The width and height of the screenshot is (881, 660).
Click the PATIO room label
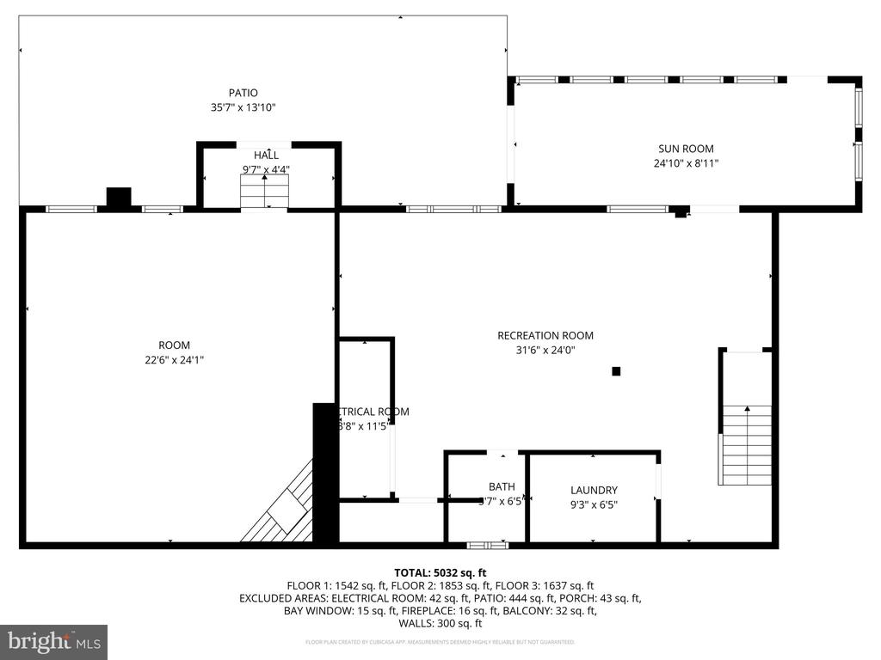pos(243,93)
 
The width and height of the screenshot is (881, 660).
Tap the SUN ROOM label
pos(686,149)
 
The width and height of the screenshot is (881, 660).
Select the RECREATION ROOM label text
pos(545,335)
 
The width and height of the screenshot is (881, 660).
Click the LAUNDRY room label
pos(594,490)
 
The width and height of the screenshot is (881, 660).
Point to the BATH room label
pos(502,486)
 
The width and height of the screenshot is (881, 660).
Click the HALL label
pos(266,155)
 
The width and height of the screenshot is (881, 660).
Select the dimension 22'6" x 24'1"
pos(175,360)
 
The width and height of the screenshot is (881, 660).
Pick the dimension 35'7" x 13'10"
pos(243,108)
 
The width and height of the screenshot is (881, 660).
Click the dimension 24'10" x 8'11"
pos(686,163)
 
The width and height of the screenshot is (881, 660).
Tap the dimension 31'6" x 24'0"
pos(545,350)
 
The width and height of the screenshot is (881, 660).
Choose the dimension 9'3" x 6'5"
pos(594,504)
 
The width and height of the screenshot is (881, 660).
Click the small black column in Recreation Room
pos(616,371)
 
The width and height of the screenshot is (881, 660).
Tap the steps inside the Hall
pos(264,191)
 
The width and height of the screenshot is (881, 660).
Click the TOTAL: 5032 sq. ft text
pos(440,571)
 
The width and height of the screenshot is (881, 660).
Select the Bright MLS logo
pos(53,641)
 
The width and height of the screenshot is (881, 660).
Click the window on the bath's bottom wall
pos(487,544)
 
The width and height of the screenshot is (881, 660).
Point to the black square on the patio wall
pos(118,197)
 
